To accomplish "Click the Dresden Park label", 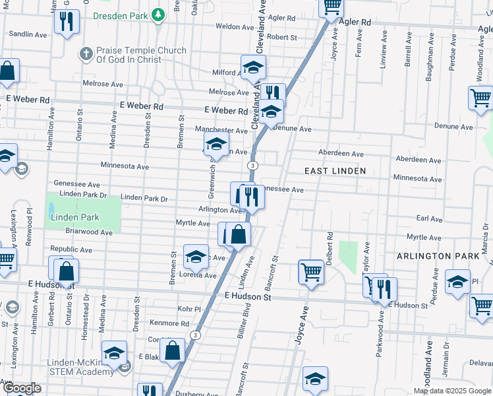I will [121, 15].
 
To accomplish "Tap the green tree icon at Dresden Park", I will [158, 15].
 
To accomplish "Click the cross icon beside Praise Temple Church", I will [86, 53].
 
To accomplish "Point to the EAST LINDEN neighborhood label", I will [335, 171].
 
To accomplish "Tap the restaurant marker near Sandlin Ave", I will [66, 22].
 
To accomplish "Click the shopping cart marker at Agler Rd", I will [332, 7].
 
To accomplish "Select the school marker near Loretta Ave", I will [196, 258].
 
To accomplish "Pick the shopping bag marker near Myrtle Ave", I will [238, 234].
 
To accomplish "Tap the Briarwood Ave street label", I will [89, 232].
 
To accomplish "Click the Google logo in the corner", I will [21, 388].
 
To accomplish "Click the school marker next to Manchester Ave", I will [216, 142].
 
